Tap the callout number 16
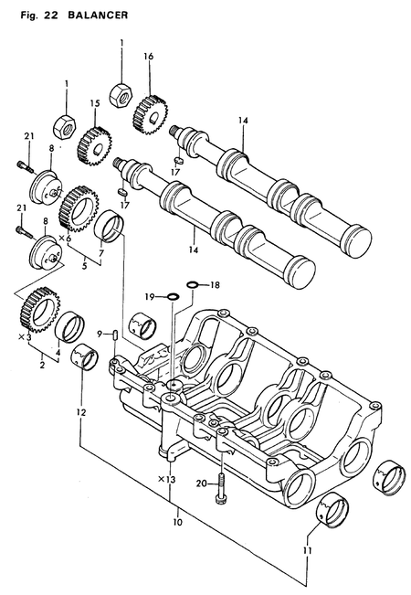pos(147,57)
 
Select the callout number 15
pos(94,103)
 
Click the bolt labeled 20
pos(220,492)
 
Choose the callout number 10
pos(177,524)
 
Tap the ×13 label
pos(165,479)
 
